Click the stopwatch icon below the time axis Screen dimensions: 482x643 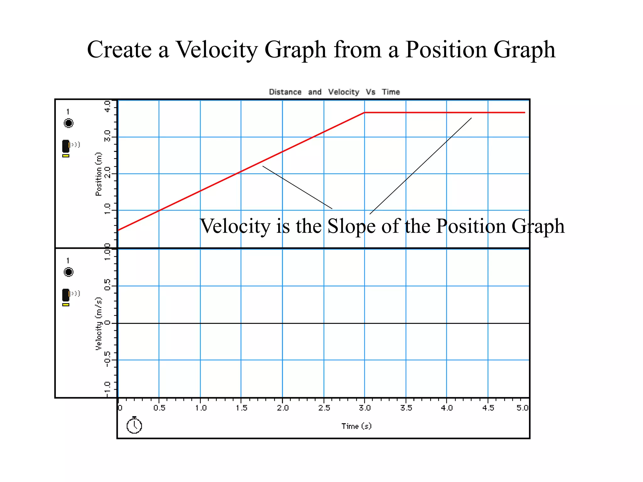pyautogui.click(x=134, y=425)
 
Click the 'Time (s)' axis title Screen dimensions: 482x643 pyautogui.click(x=356, y=426)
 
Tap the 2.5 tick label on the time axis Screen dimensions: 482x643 pyautogui.click(x=324, y=408)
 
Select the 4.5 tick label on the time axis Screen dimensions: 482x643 pyautogui.click(x=488, y=408)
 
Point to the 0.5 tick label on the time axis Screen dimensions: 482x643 pyautogui.click(x=159, y=408)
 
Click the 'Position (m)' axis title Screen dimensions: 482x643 pyautogui.click(x=99, y=174)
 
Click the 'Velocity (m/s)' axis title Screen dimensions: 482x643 pyautogui.click(x=99, y=323)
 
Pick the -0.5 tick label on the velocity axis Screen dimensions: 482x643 pyautogui.click(x=107, y=359)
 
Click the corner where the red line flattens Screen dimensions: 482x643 pyautogui.click(x=364, y=112)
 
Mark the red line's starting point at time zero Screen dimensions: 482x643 pyautogui.click(x=118, y=230)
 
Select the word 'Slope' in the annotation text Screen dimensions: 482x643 pyautogui.click(x=351, y=226)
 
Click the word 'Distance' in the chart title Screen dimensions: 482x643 pyautogui.click(x=285, y=92)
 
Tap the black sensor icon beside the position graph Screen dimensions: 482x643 pyautogui.click(x=66, y=146)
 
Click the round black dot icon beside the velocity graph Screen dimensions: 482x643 pyautogui.click(x=68, y=272)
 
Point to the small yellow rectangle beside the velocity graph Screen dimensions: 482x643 pyautogui.click(x=66, y=304)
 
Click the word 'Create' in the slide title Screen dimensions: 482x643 pyautogui.click(x=119, y=50)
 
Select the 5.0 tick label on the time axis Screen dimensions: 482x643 pyautogui.click(x=522, y=408)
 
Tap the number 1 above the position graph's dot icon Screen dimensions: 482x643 pyautogui.click(x=68, y=112)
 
